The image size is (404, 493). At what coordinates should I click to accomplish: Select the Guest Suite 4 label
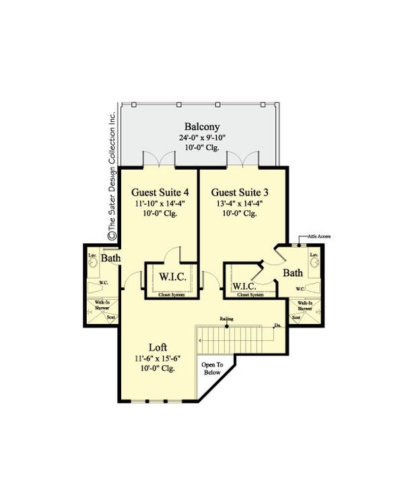(x=160, y=191)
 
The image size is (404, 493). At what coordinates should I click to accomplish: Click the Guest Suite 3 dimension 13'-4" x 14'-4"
(x=239, y=203)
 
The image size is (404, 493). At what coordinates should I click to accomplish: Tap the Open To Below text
(x=213, y=370)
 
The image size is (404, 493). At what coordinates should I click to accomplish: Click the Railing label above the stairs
(x=227, y=319)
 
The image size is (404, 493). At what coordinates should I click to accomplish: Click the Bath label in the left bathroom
(x=112, y=259)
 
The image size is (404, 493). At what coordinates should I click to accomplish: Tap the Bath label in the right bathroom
(x=292, y=273)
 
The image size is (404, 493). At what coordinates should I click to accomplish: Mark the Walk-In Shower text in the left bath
(x=102, y=306)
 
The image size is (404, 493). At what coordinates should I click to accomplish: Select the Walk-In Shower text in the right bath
(x=300, y=306)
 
